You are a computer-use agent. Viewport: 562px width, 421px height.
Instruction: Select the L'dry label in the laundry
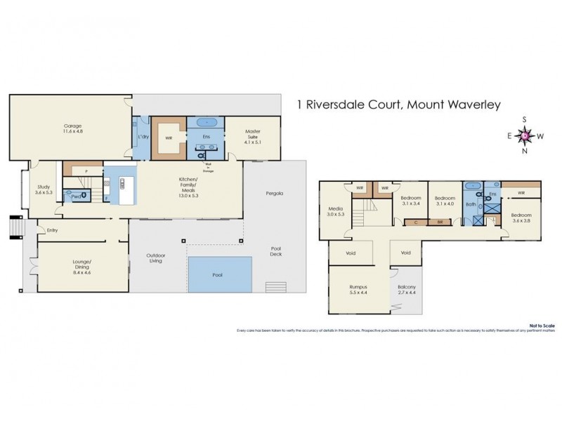143,135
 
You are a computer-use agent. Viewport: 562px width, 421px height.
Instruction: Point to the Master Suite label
253,131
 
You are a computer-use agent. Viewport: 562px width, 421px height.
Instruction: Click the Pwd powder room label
77,197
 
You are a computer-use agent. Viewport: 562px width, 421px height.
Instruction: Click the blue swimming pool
219,274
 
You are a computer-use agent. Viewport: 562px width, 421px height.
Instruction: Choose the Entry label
52,230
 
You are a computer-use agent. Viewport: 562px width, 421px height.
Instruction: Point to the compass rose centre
525,135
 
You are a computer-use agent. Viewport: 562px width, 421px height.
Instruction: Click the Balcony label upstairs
406,286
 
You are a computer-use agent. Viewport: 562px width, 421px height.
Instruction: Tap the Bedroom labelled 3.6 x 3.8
521,218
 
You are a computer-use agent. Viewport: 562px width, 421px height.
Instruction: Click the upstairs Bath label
470,205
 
